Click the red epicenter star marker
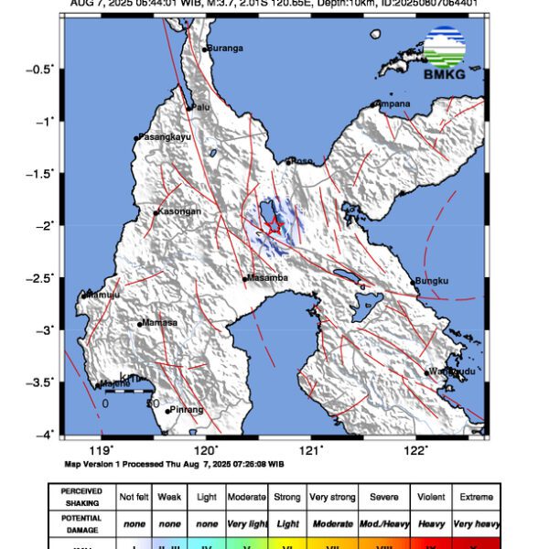tap(273, 226)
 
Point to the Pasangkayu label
tap(166, 137)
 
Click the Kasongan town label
tap(179, 211)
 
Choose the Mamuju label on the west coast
tap(102, 295)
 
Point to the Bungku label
tap(431, 281)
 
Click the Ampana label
tap(393, 103)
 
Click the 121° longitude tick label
tap(312, 450)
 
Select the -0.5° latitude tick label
tap(42, 69)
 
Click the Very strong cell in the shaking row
tap(332, 497)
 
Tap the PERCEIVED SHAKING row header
tap(81, 497)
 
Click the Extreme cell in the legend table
tap(475, 497)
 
